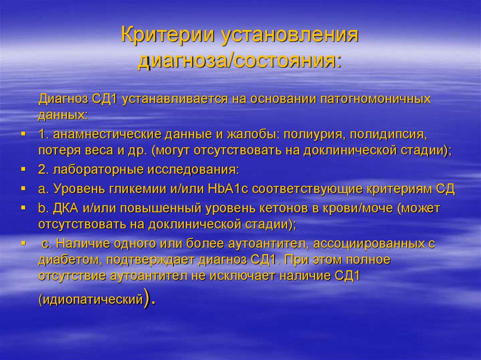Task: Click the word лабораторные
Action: click(92, 170)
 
